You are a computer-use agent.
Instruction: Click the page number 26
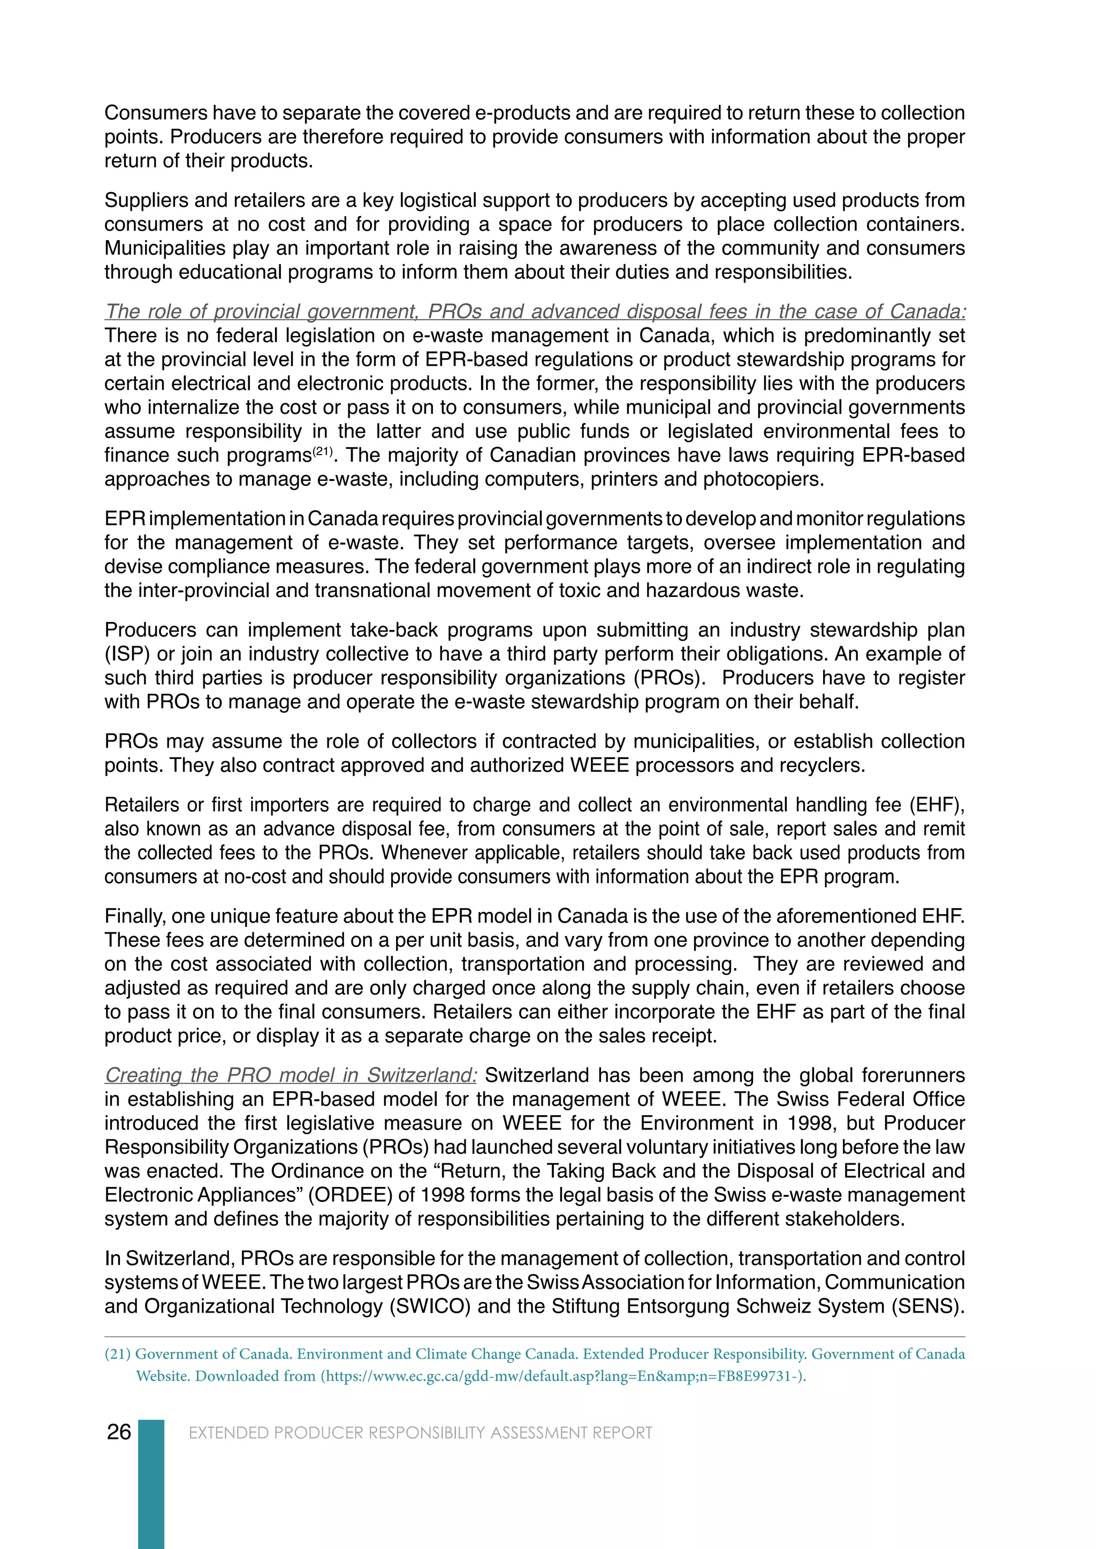119,1432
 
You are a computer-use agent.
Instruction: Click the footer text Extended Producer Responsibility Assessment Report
421,1432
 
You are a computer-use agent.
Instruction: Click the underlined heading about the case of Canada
535,312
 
